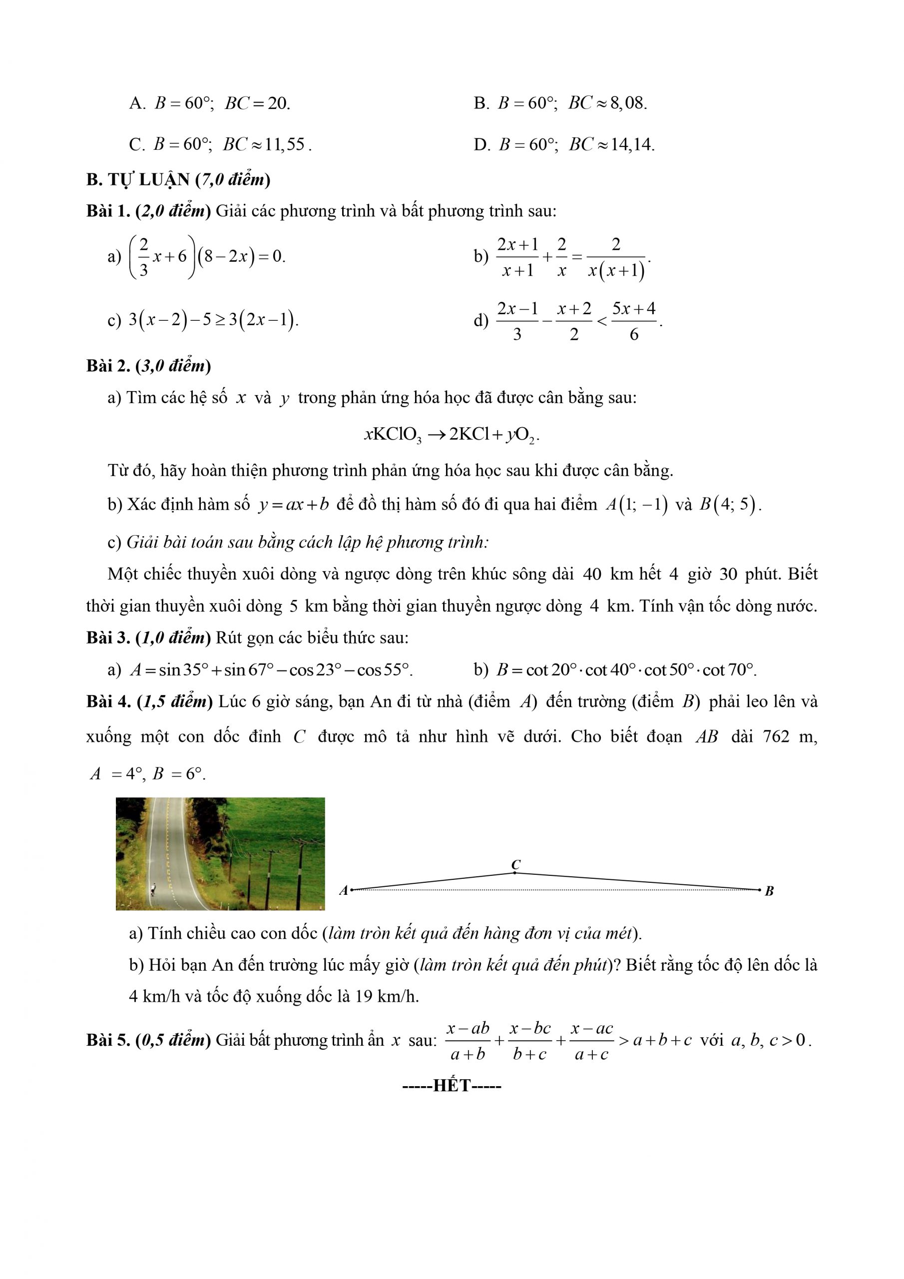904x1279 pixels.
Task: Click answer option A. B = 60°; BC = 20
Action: (x=209, y=103)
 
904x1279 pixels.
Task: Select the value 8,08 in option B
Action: (x=628, y=103)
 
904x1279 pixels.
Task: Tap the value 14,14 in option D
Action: (x=632, y=145)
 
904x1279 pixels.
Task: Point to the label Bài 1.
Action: (x=108, y=211)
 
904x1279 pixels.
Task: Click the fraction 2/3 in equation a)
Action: (x=144, y=257)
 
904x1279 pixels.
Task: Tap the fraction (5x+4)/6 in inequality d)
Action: (x=633, y=321)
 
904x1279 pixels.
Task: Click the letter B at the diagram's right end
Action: (x=769, y=891)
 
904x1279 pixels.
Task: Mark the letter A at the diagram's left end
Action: (x=344, y=891)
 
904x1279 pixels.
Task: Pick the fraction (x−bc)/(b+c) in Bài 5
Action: (x=530, y=1041)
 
